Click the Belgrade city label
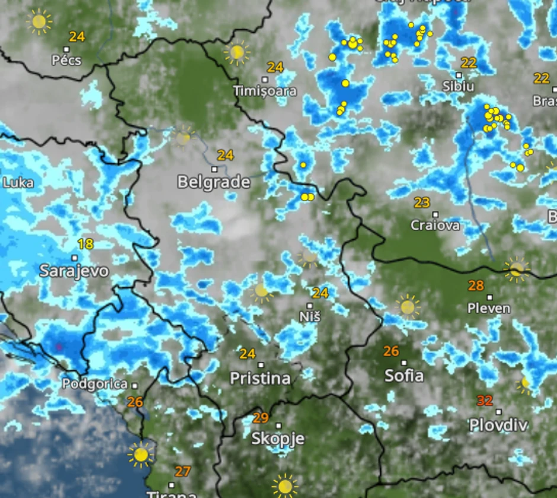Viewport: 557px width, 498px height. pyautogui.click(x=214, y=182)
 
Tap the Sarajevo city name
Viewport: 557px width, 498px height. pyautogui.click(x=74, y=271)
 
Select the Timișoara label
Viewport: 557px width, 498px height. pyautogui.click(x=265, y=91)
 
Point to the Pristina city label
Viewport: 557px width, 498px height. pyautogui.click(x=260, y=378)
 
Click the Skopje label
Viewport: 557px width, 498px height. pyautogui.click(x=277, y=439)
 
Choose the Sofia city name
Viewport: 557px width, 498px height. pyautogui.click(x=404, y=375)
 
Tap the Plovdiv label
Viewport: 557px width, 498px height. pyautogui.click(x=498, y=425)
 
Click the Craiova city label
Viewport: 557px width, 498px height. pyautogui.click(x=435, y=226)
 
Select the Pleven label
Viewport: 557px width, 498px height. pyautogui.click(x=489, y=308)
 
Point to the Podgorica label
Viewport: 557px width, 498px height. pyautogui.click(x=95, y=384)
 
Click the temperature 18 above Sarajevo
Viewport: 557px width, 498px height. pyautogui.click(x=85, y=243)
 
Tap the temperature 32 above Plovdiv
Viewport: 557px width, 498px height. pyautogui.click(x=485, y=401)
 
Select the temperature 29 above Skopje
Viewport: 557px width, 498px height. pyautogui.click(x=261, y=417)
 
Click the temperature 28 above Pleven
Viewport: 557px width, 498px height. pyautogui.click(x=476, y=286)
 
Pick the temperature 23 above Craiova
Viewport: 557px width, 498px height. pyautogui.click(x=422, y=203)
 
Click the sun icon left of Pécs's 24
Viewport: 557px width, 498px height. pyautogui.click(x=39, y=23)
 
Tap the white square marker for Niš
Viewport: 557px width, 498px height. pyautogui.click(x=309, y=305)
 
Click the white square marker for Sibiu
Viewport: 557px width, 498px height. pyautogui.click(x=459, y=75)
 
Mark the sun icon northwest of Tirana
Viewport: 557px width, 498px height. pyautogui.click(x=140, y=455)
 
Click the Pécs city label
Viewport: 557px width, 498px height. pyautogui.click(x=66, y=60)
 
